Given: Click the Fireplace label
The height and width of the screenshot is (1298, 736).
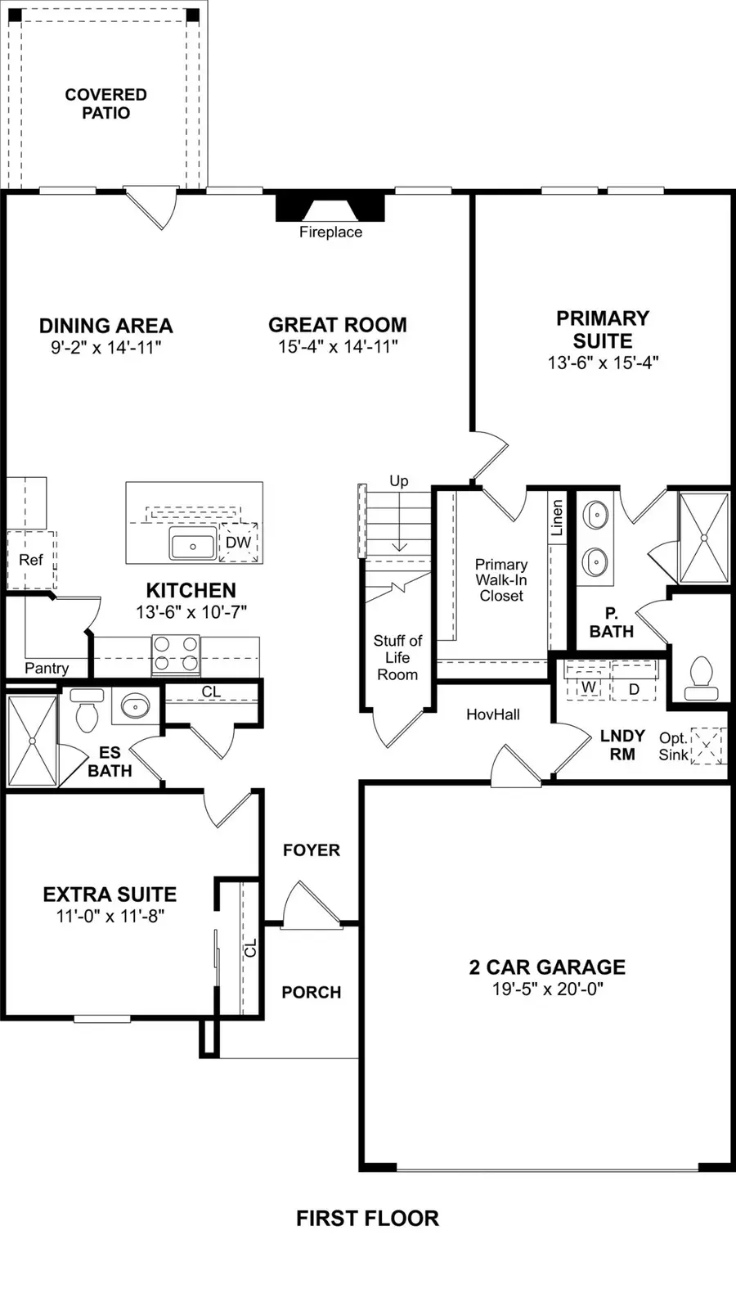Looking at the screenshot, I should point(330,232).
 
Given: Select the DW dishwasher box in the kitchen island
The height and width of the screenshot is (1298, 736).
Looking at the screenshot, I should point(238,542).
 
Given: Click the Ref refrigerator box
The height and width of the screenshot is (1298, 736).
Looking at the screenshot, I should point(31,560).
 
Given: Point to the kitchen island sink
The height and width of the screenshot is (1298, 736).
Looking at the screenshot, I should point(193,544).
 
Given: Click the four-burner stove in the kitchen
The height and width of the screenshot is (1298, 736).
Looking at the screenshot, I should point(176,654).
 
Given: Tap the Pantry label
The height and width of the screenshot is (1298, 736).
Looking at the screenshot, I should point(47,668).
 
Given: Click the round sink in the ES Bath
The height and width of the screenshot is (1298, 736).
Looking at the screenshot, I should point(135,705).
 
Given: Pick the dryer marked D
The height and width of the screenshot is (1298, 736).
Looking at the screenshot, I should point(633,688).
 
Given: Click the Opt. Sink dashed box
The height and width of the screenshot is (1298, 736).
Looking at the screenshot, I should point(708,746).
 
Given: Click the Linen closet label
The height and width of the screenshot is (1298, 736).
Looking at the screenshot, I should point(557,517).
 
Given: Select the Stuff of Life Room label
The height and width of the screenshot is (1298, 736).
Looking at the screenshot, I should point(397,657).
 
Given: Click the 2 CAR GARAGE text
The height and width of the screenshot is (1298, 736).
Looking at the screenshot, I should point(547,967).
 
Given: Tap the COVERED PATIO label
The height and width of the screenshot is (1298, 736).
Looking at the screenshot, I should point(105,104).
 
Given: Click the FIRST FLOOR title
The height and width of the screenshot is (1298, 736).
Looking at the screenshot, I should point(367,1219).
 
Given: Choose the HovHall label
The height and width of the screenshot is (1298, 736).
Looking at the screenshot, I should point(492,714).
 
